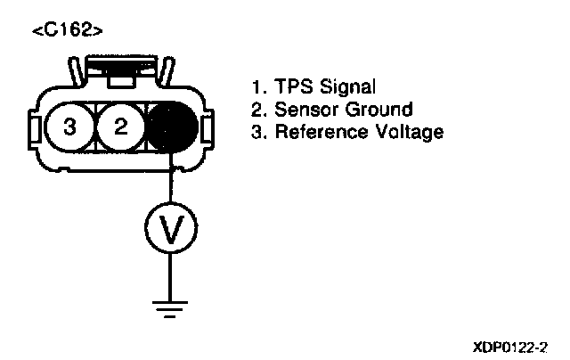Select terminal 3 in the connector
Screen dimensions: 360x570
click(x=69, y=127)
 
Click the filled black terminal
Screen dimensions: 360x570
click(x=171, y=127)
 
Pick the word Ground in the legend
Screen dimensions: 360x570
click(x=379, y=110)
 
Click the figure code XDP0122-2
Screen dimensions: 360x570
click(x=510, y=344)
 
